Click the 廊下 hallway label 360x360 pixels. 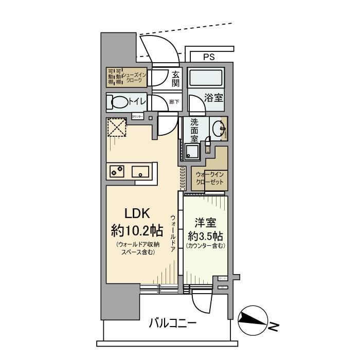click(x=174, y=102)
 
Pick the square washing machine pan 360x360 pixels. click(x=193, y=152)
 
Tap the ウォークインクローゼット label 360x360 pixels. click(x=210, y=178)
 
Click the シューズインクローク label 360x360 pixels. click(x=134, y=78)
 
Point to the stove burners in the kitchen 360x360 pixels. click(x=116, y=170)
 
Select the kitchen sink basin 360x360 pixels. click(x=140, y=171)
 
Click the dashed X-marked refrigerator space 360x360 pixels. click(x=117, y=127)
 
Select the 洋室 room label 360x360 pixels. click(x=205, y=224)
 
